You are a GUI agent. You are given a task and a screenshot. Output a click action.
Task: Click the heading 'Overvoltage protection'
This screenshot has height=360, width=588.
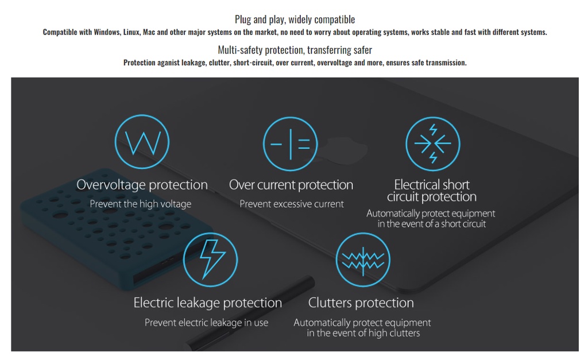click(x=142, y=185)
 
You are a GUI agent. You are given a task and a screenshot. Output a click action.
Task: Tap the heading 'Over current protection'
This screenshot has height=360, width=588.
click(x=291, y=185)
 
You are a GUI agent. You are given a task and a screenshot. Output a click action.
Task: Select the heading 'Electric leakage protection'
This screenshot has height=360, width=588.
click(x=208, y=303)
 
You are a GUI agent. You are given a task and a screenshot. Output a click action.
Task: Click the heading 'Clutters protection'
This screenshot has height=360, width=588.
click(x=361, y=303)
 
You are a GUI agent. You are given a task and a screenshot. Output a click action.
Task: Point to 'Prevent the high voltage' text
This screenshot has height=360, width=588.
click(x=141, y=204)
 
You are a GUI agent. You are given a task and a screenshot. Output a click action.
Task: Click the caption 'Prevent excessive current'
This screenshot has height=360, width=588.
click(x=292, y=204)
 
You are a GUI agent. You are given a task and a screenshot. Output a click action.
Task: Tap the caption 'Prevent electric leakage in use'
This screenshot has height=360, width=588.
click(x=207, y=323)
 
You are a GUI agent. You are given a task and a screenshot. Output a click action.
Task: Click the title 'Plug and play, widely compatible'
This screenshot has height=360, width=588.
click(x=295, y=19)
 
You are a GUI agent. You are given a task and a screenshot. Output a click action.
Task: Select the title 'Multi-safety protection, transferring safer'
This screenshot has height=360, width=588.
click(x=295, y=50)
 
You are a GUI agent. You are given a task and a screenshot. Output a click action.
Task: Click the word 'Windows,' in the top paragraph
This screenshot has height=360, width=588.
click(x=107, y=32)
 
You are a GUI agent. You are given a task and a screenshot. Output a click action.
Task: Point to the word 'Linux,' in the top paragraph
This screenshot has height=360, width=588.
click(x=131, y=32)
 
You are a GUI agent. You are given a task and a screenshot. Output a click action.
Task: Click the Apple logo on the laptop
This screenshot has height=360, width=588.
click(x=347, y=150)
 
